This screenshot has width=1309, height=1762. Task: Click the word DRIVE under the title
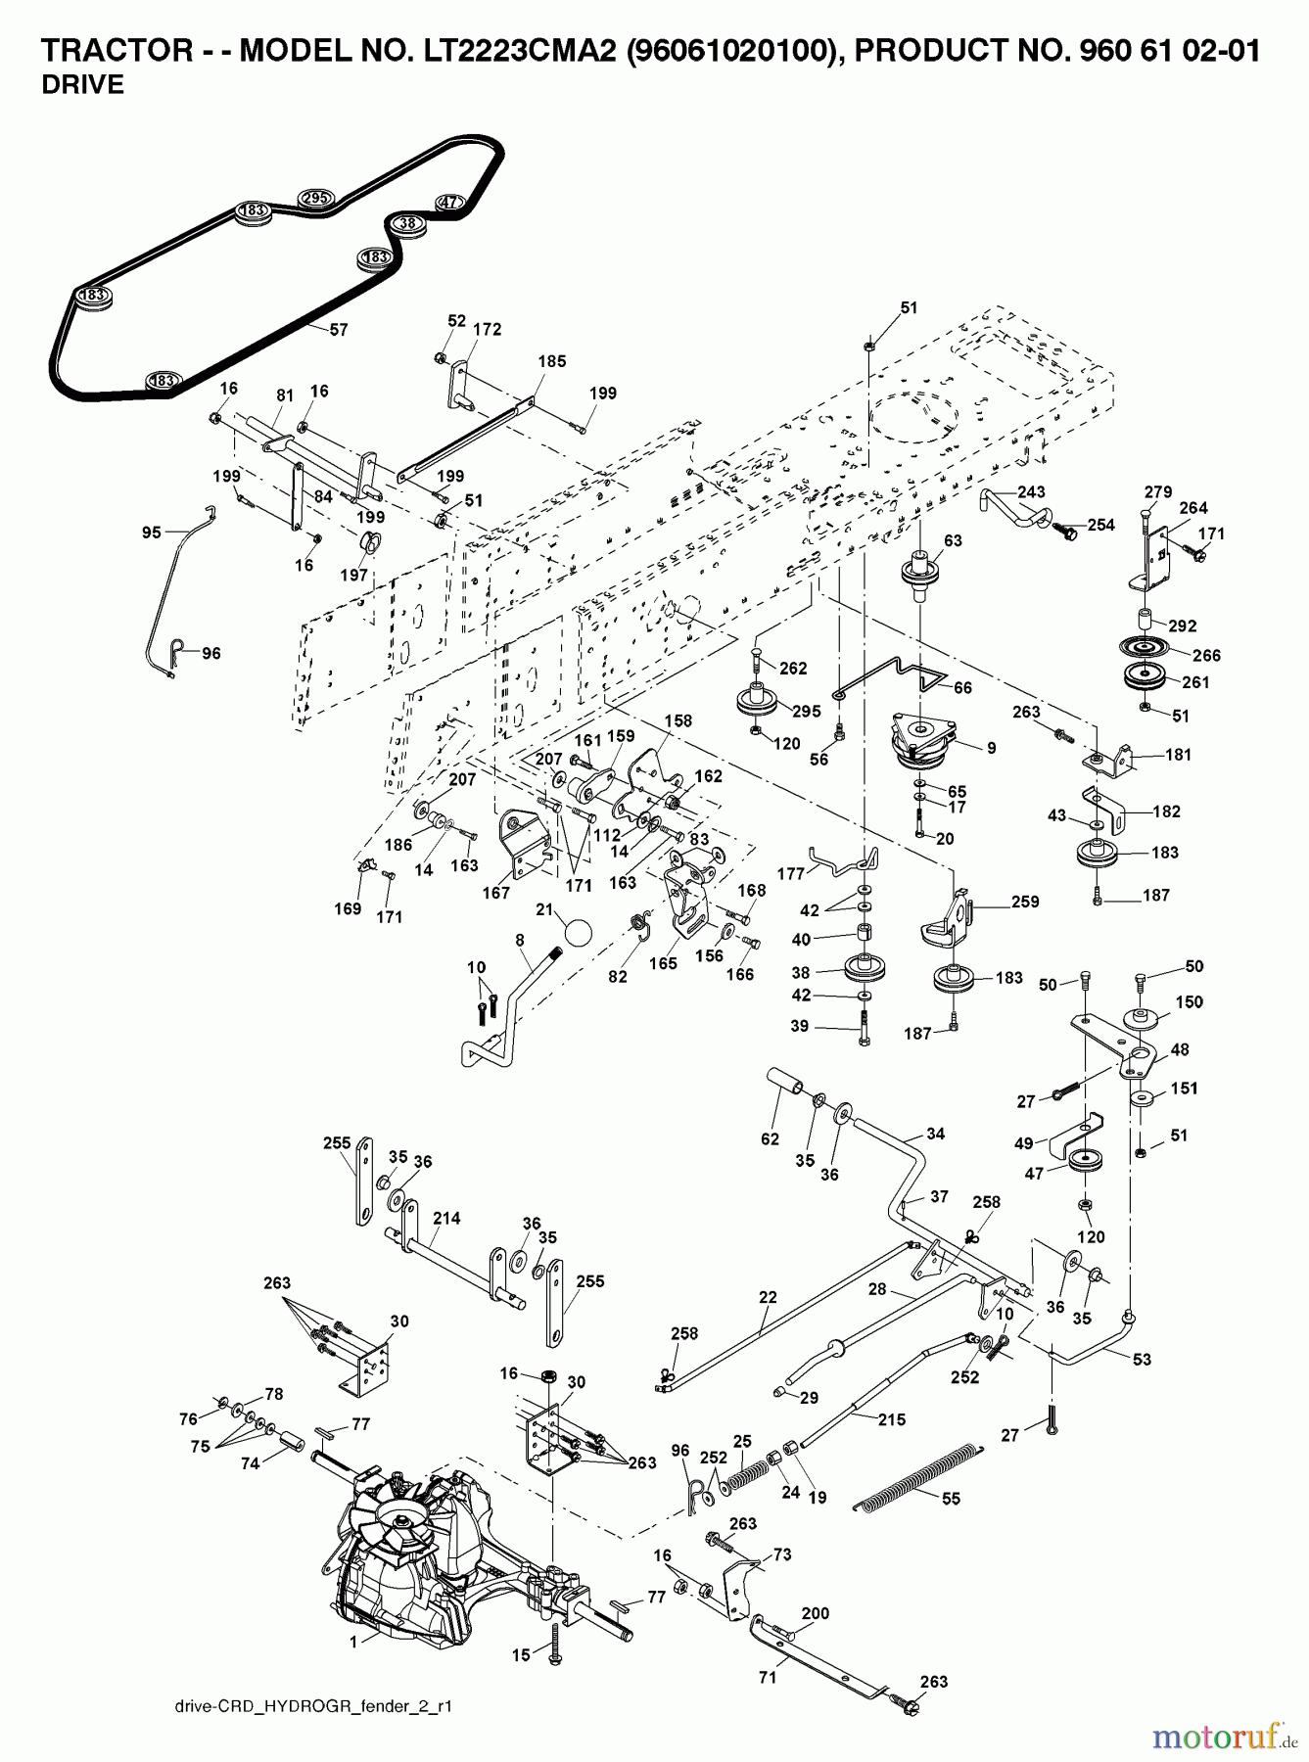coord(82,85)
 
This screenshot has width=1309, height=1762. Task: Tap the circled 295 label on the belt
coord(314,198)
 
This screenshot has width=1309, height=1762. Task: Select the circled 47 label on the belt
coord(448,203)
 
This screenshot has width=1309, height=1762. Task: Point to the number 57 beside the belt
coord(338,330)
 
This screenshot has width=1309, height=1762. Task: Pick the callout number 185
coord(552,361)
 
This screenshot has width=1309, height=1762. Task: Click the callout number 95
coord(152,533)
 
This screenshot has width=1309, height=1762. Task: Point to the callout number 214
coord(446,1219)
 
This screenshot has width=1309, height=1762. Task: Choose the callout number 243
coord(1031,491)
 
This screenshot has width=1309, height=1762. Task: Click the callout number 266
coord(1207,655)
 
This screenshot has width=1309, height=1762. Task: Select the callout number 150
coord(1189,1001)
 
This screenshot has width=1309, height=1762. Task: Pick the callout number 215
coord(892,1418)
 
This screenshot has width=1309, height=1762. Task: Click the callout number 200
coord(815,1613)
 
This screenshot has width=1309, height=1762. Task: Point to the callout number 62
coord(771,1138)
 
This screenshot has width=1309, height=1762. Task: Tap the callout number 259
coord(1025,902)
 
